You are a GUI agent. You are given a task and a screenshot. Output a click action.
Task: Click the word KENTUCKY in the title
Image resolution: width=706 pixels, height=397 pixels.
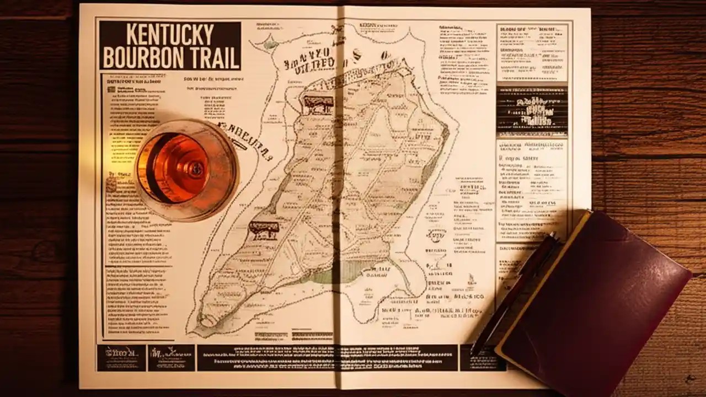click(x=170, y=35)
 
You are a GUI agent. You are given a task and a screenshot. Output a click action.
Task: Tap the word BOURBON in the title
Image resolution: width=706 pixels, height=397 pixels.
click(x=143, y=58)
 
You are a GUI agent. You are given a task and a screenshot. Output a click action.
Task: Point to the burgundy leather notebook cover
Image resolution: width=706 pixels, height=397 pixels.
click(x=596, y=298)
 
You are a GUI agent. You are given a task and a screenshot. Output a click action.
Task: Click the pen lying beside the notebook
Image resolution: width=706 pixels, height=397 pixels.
click(x=513, y=292)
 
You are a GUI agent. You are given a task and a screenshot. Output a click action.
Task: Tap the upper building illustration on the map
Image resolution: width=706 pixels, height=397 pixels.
click(x=318, y=104)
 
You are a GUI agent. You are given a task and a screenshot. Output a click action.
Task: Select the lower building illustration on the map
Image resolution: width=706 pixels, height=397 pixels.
click(x=264, y=229)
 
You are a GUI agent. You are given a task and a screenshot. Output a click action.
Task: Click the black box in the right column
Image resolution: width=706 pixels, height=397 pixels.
click(x=532, y=110)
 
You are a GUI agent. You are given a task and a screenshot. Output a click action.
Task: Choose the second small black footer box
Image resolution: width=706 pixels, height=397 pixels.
click(x=171, y=357)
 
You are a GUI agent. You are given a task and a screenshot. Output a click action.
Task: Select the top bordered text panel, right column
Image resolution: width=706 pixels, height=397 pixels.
click(x=532, y=52)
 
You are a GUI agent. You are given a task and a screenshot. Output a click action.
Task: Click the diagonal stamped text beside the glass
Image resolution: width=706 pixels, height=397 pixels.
click(x=245, y=139)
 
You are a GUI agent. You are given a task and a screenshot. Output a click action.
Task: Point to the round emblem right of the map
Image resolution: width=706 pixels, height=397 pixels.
click(x=436, y=234)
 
